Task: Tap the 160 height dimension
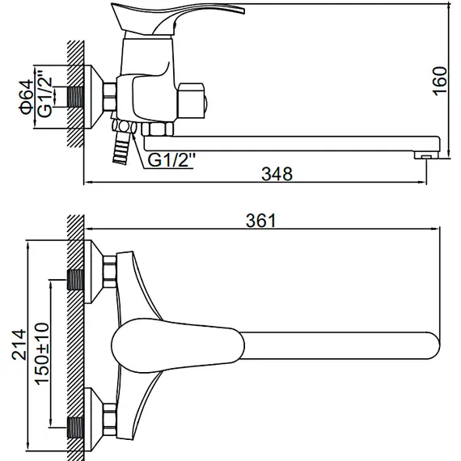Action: click(x=438, y=78)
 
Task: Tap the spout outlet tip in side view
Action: click(x=426, y=154)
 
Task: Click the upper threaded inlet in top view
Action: click(x=75, y=279)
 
